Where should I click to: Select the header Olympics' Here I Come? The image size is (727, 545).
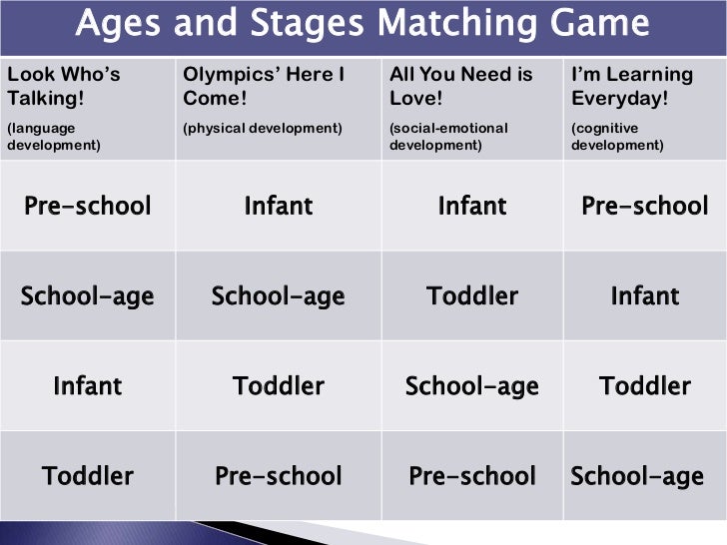264,87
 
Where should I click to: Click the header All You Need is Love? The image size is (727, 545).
461,87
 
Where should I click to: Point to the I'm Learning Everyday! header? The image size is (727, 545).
631,87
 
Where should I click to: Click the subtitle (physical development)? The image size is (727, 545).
263,128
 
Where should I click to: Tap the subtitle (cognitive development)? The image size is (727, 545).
617,136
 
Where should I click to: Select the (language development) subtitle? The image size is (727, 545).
54,136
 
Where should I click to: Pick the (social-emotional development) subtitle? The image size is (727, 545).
448,136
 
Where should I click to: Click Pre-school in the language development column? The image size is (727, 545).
88,207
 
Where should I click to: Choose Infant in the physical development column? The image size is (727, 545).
279,207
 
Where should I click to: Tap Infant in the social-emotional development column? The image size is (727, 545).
472,207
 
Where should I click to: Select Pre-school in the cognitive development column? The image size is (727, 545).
645,207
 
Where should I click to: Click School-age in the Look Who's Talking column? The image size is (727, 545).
88,296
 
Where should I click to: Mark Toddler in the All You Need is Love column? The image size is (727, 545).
472,296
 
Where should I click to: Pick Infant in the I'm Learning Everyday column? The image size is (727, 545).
645,296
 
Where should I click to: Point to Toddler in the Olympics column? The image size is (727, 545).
279,386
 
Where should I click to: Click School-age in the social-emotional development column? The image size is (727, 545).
472,386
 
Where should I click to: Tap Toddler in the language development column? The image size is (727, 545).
88,476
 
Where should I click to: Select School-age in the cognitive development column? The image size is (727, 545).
637,476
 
